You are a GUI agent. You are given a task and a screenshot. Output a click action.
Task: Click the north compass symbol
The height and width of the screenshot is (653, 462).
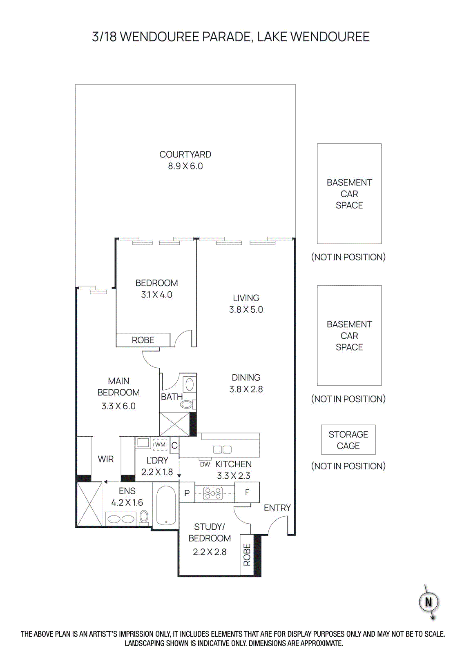point(429,602)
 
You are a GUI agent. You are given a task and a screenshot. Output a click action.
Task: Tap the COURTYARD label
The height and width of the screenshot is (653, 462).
point(185,155)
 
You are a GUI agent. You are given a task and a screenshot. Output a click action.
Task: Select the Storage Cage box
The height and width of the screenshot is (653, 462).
point(348,440)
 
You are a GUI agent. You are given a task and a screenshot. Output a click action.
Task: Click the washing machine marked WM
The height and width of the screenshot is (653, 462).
point(160,444)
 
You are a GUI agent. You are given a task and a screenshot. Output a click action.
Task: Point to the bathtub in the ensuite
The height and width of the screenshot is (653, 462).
point(166,505)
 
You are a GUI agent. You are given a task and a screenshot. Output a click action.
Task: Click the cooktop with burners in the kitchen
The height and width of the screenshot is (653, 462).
point(213,493)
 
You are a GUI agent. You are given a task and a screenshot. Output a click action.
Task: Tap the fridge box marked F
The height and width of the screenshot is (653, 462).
point(247,493)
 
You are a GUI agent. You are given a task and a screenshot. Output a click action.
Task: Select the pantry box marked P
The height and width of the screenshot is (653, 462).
point(187,493)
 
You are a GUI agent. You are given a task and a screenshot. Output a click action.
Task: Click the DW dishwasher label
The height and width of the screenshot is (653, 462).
point(205,464)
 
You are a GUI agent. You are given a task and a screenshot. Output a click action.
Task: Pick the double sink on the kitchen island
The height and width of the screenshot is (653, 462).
point(222,449)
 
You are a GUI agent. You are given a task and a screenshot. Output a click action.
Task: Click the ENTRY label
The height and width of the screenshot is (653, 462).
point(277,508)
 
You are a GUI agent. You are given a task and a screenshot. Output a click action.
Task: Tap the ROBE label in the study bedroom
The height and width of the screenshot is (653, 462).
point(247,555)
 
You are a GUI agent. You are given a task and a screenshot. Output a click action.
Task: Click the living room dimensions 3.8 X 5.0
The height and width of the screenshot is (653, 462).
point(246,310)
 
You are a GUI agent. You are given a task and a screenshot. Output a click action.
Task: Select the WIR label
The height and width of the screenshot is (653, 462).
point(105,459)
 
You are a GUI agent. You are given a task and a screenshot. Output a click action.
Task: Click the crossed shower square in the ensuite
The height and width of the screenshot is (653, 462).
point(89,504)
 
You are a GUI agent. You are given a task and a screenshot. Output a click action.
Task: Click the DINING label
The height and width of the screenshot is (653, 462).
point(246,378)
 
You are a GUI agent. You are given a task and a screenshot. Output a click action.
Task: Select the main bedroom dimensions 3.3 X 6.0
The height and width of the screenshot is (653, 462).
point(118,406)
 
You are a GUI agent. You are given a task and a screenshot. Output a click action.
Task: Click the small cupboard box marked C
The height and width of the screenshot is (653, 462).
point(174,445)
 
